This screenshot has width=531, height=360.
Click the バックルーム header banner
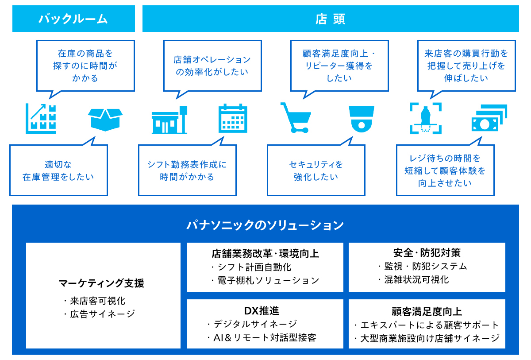(73, 19)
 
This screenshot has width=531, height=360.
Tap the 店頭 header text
(330, 19)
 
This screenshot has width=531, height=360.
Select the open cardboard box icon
(105, 120)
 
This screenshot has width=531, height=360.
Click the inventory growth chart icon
(41, 118)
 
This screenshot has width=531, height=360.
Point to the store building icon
(169, 120)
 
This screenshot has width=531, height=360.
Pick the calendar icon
(233, 118)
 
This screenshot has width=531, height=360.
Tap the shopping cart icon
(296, 118)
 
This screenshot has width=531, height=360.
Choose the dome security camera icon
(362, 119)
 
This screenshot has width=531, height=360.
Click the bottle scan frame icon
(426, 118)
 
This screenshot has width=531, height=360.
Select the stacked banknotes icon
(489, 118)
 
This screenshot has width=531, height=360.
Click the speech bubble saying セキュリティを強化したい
(316, 170)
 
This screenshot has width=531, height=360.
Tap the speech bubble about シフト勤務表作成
(187, 170)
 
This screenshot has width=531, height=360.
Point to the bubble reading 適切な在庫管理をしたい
(58, 170)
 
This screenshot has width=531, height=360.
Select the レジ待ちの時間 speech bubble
(445, 170)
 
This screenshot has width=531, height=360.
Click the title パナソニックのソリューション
(265, 225)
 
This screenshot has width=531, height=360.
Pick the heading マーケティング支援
(101, 283)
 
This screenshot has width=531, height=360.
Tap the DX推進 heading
(262, 310)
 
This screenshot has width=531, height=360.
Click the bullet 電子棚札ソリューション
(265, 281)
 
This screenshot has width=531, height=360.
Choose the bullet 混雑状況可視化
(414, 279)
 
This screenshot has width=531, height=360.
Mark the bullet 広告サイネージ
(100, 314)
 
